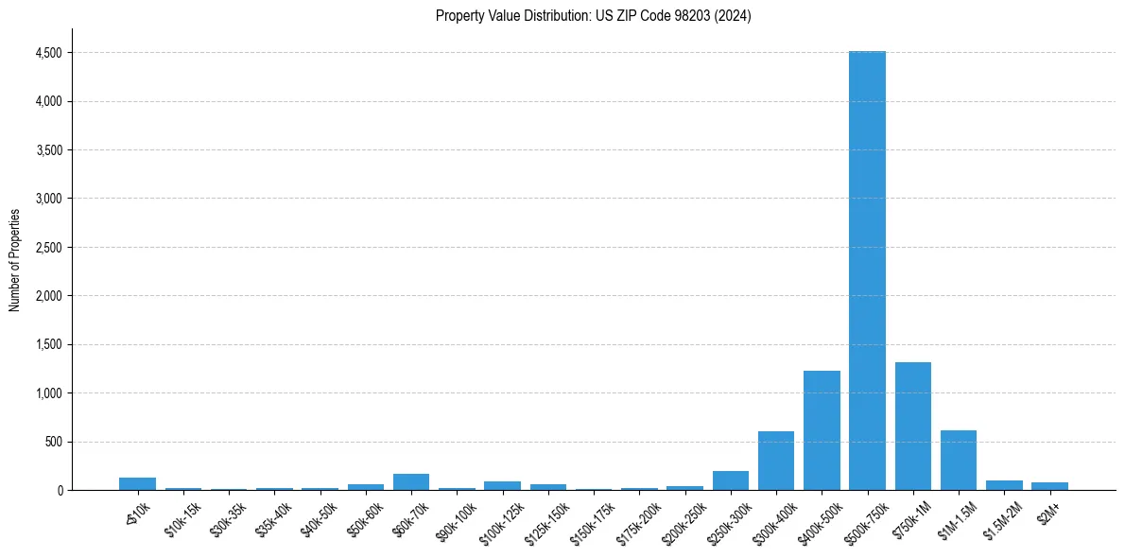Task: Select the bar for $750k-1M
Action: [912, 426]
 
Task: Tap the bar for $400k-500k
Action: [822, 430]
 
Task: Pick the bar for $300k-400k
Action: [776, 461]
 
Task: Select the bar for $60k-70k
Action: [411, 481]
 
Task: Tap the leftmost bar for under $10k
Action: [137, 483]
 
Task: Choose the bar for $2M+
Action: [1049, 486]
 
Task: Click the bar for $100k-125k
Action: [502, 485]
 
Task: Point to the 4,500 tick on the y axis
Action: [49, 53]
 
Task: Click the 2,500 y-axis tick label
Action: [49, 248]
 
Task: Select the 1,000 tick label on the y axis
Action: [49, 393]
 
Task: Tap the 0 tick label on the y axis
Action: [59, 491]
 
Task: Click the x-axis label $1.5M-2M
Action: [1000, 517]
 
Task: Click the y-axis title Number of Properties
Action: [14, 260]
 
